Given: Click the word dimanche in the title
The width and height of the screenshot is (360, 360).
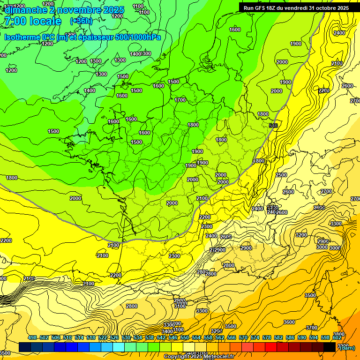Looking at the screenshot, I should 24,10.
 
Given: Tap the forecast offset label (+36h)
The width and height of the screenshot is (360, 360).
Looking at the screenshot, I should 81,21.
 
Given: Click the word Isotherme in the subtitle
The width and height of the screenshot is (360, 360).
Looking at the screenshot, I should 22,37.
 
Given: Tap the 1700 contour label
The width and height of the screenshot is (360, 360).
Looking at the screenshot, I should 180,100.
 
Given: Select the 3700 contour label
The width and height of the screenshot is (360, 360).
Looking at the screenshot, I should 311,328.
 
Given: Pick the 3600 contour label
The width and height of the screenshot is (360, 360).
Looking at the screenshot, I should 289,322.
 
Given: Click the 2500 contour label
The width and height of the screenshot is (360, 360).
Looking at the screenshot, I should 281,175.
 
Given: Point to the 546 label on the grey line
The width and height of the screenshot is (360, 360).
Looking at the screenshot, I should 273,126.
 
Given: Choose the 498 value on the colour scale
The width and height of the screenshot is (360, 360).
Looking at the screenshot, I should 32,337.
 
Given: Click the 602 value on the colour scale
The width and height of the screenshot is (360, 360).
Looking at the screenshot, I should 337,337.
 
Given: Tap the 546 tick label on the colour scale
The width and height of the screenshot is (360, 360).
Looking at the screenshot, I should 172,337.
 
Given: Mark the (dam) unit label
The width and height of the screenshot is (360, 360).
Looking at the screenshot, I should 347,347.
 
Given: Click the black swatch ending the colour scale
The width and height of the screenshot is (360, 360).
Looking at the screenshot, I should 330,347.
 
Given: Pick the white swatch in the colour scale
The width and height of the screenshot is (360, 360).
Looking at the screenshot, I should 189,347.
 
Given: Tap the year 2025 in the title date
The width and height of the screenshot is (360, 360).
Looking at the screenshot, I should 113,10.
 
